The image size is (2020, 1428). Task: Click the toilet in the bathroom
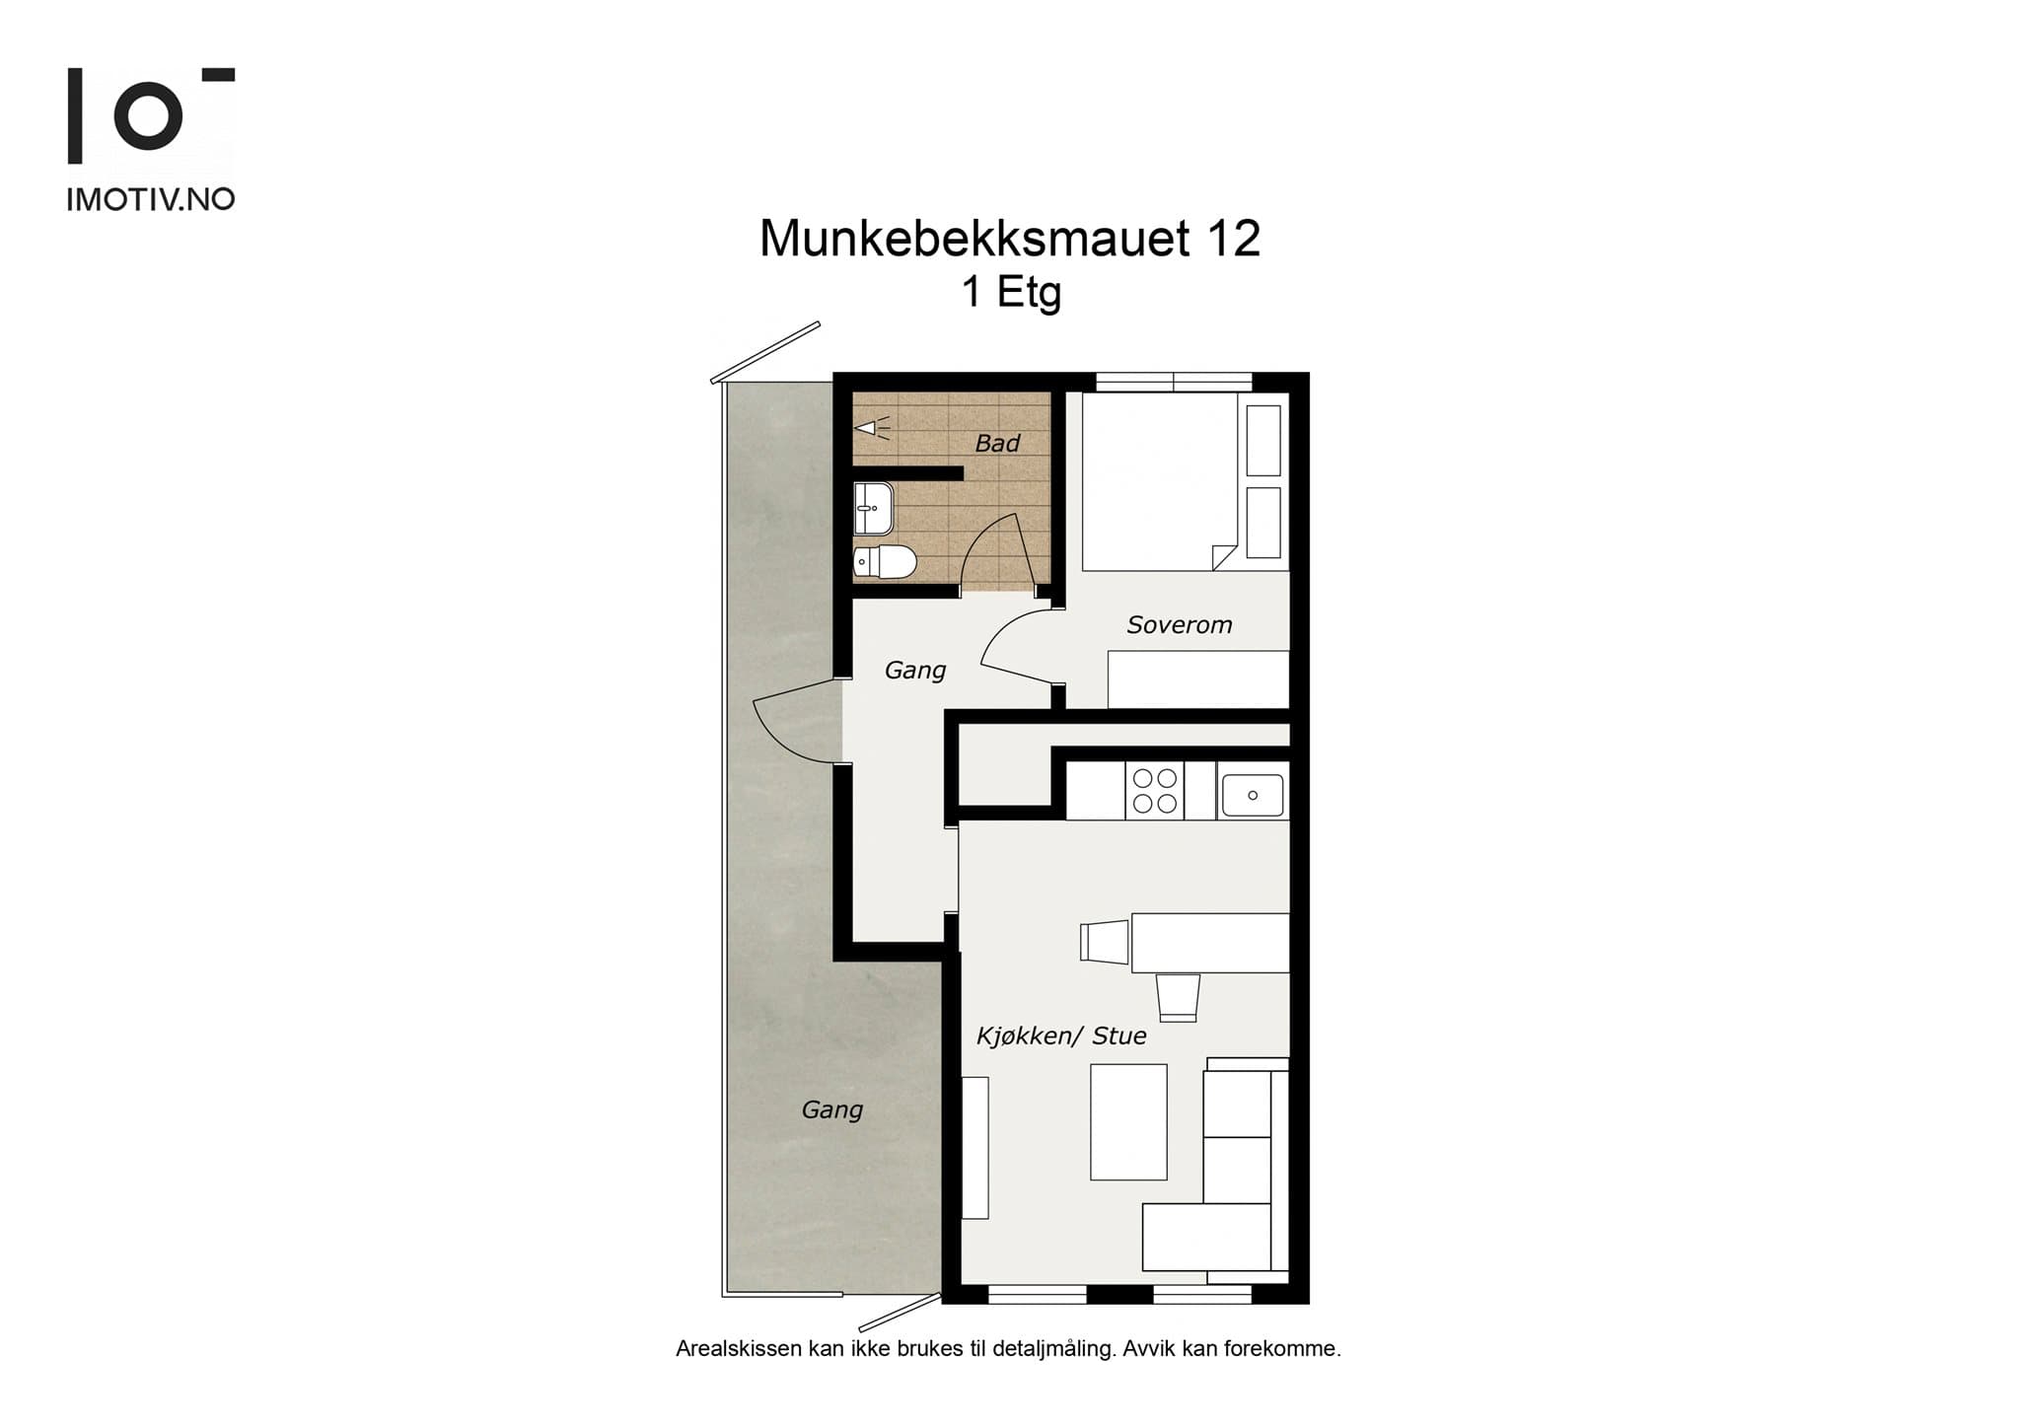[x=885, y=562]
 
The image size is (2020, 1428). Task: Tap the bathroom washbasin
[x=873, y=508]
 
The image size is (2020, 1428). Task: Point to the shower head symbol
[x=868, y=428]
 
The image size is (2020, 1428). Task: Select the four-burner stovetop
[x=1155, y=791]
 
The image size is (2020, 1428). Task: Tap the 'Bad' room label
[x=996, y=444]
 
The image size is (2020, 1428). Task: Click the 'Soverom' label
[x=1179, y=625]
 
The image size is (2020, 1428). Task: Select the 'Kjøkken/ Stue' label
[x=1060, y=1035]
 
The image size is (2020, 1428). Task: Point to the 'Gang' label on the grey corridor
[x=831, y=1109]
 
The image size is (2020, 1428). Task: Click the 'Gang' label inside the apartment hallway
[x=914, y=671]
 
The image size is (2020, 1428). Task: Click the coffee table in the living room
[x=1128, y=1121]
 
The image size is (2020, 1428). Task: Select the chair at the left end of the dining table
[x=1104, y=941]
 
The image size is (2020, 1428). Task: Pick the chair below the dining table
[x=1178, y=997]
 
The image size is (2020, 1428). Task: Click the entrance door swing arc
[x=789, y=725]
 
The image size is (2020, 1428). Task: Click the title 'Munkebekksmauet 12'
[x=1009, y=239]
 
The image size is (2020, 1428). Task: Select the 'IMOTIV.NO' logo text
[x=150, y=199]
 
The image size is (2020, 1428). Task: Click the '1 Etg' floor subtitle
[x=1011, y=292]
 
